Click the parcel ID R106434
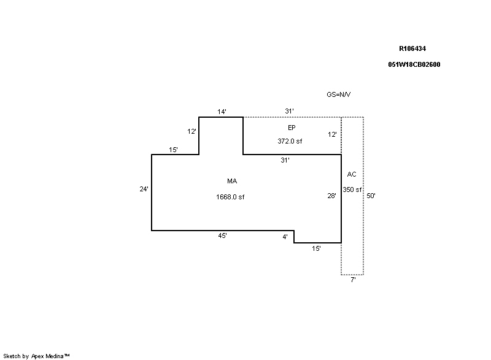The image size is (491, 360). (x=412, y=48)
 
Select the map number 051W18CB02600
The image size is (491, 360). (x=414, y=64)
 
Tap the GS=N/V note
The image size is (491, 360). (x=339, y=94)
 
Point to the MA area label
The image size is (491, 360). (x=232, y=181)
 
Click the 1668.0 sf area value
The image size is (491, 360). (x=230, y=197)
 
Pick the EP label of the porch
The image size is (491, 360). (x=292, y=128)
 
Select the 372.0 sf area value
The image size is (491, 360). (x=290, y=141)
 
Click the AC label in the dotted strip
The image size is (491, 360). (x=352, y=174)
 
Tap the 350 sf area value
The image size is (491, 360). (x=352, y=190)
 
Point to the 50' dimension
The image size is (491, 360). (x=371, y=196)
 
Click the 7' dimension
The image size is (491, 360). (x=354, y=280)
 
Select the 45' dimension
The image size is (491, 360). (x=223, y=236)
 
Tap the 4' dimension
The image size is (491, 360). (x=285, y=237)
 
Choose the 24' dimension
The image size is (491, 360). (x=144, y=189)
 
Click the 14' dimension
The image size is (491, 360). (x=222, y=112)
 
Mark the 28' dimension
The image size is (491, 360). (x=331, y=196)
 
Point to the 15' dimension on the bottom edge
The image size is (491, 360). (x=316, y=248)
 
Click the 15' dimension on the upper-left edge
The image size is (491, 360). (x=174, y=150)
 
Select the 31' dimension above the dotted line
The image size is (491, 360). (x=289, y=111)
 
